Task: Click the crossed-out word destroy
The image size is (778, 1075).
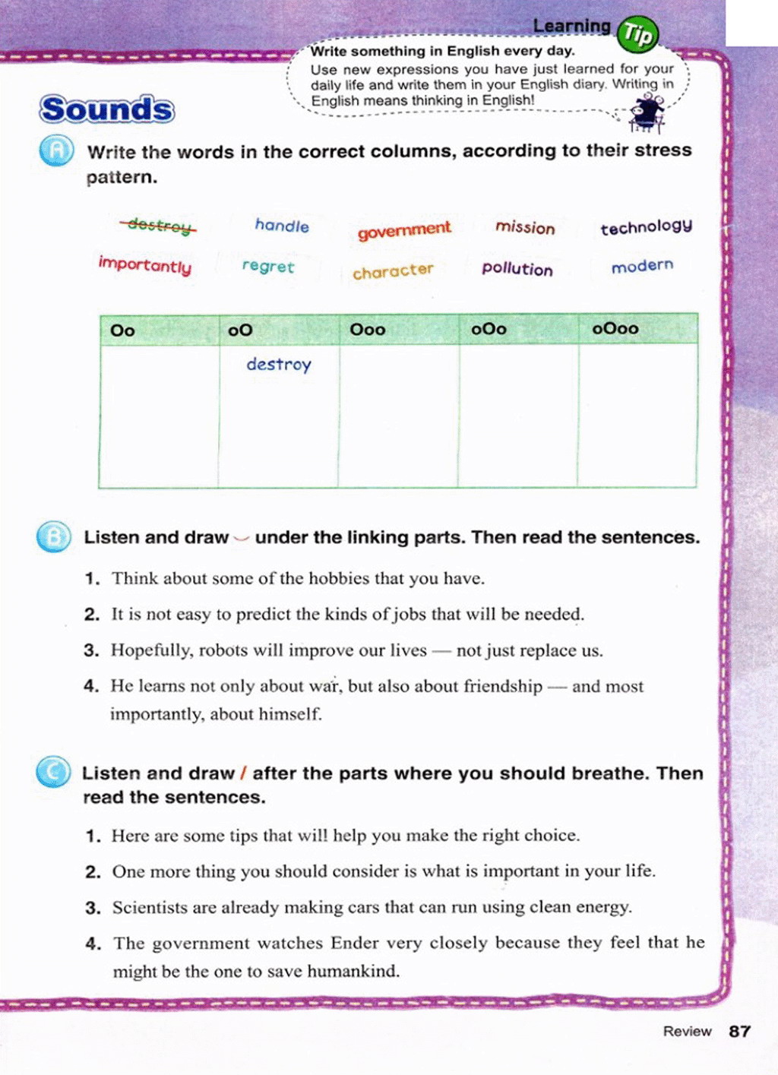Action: pyautogui.click(x=158, y=225)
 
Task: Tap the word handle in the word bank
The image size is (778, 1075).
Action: pyautogui.click(x=282, y=226)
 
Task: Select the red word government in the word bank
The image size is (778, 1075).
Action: pyautogui.click(x=404, y=230)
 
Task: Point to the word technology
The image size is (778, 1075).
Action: pyautogui.click(x=646, y=227)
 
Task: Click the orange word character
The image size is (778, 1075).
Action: pyautogui.click(x=393, y=271)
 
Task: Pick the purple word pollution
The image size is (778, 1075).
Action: pyautogui.click(x=517, y=269)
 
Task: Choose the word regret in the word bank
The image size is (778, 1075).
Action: pyautogui.click(x=267, y=267)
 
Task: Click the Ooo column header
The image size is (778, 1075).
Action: pyautogui.click(x=368, y=330)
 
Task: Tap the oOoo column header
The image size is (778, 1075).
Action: pyautogui.click(x=615, y=329)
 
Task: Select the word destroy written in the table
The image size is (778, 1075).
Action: pyautogui.click(x=279, y=365)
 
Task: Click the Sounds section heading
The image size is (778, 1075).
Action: pyautogui.click(x=107, y=109)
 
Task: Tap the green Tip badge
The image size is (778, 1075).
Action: pyautogui.click(x=637, y=34)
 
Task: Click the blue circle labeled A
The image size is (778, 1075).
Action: pyautogui.click(x=56, y=150)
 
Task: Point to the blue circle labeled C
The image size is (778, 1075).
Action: pyautogui.click(x=53, y=773)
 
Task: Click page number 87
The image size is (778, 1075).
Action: pyautogui.click(x=739, y=1032)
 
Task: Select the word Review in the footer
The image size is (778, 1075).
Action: pyautogui.click(x=687, y=1032)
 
